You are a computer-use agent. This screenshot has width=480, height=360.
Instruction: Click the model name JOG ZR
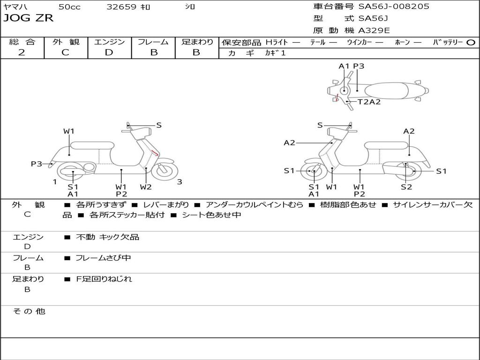click(x=28, y=18)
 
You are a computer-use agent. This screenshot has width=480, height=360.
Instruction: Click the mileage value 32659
click(x=121, y=7)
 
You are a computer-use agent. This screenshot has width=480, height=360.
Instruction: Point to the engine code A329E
click(x=374, y=31)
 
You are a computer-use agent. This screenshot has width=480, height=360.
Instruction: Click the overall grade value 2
click(x=22, y=52)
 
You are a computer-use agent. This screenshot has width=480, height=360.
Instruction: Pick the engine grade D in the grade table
click(x=109, y=52)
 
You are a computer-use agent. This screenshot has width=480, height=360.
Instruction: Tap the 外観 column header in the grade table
click(x=66, y=42)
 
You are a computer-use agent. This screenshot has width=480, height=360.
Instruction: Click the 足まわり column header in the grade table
click(x=197, y=42)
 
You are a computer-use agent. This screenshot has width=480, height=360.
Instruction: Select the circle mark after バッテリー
click(x=471, y=42)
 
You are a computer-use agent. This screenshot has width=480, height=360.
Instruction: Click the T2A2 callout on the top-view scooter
click(x=369, y=102)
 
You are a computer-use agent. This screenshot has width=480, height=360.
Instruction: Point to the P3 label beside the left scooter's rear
click(x=37, y=164)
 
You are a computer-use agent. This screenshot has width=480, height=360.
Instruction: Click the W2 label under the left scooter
click(x=146, y=187)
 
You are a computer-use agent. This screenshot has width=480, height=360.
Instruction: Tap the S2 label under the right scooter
click(x=406, y=187)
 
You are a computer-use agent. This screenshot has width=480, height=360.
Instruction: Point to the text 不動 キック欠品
click(x=107, y=237)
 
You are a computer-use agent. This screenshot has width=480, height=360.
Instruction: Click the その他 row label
click(x=29, y=311)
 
